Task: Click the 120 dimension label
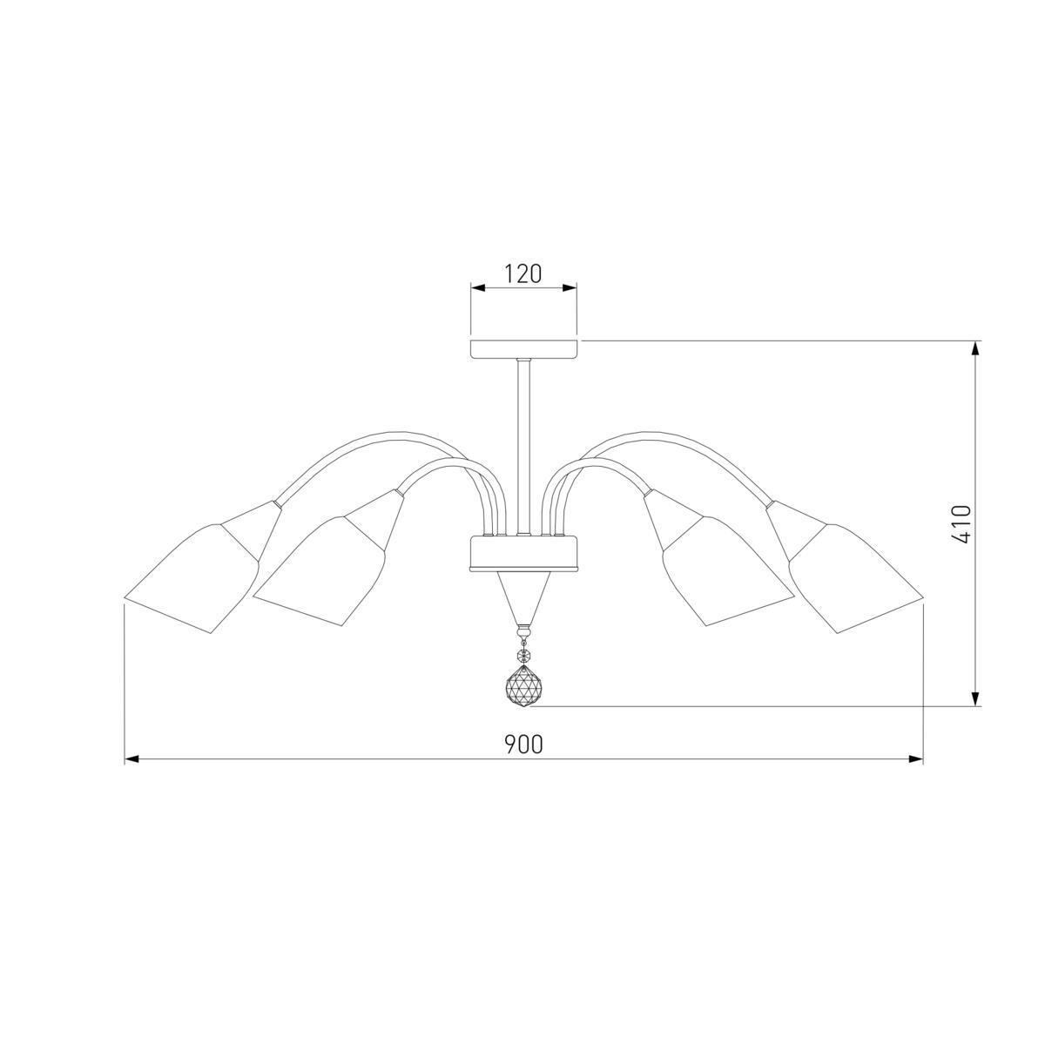click(x=523, y=273)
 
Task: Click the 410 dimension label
click(x=961, y=524)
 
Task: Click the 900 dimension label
click(x=524, y=745)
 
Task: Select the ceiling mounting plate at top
click(x=523, y=349)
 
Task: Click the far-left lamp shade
click(x=192, y=577)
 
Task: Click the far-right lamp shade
click(x=856, y=577)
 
